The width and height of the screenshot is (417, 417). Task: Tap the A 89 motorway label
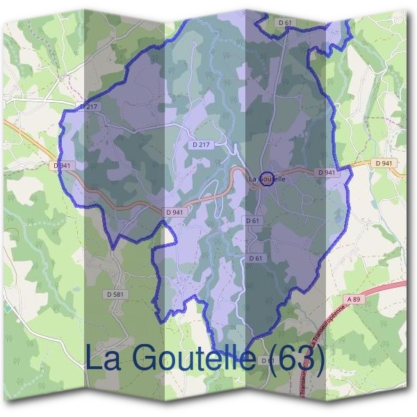[x=354, y=298]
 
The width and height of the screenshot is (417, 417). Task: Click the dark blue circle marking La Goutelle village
[x=266, y=177]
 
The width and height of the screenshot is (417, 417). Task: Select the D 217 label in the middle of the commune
[x=200, y=144]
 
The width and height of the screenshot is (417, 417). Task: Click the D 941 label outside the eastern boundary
[x=383, y=163]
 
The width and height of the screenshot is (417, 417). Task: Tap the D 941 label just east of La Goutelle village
[x=327, y=172]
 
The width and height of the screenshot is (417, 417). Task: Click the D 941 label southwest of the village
[x=175, y=212]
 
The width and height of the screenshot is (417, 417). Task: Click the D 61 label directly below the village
[x=252, y=220]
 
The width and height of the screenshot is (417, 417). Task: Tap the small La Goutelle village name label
[x=267, y=179]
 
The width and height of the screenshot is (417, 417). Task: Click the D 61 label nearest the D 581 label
[x=256, y=258]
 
